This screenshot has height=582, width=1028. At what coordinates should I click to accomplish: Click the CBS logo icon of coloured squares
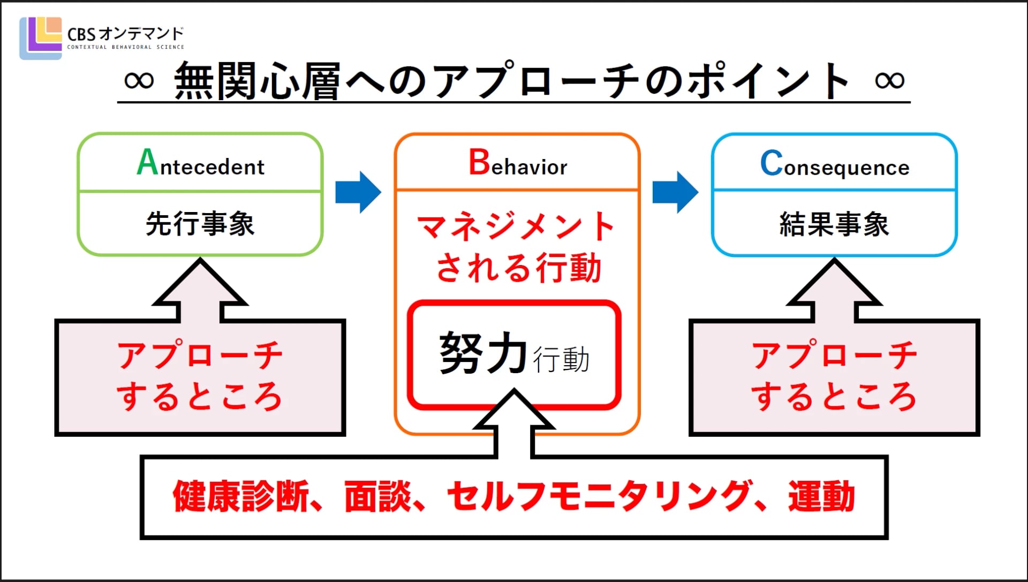(41, 37)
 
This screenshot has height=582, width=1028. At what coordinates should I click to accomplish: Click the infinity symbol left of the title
(139, 80)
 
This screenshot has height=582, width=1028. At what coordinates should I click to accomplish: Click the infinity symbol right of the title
(889, 80)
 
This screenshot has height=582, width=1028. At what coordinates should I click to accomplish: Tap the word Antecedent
(201, 164)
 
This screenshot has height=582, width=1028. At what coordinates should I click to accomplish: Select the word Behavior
(518, 164)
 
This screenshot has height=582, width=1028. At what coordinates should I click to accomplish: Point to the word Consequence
(834, 165)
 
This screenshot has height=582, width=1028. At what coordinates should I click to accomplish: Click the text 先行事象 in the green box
(200, 224)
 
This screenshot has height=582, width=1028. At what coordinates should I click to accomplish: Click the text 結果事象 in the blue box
(834, 224)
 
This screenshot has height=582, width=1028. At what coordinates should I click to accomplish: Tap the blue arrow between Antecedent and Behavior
(358, 192)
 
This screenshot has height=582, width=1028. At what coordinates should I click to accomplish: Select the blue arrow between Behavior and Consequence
(675, 192)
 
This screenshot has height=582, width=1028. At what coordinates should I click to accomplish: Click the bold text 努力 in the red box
(483, 353)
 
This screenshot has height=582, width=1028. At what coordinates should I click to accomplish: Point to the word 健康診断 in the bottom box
(241, 496)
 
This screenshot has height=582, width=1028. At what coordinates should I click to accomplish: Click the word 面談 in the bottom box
(378, 496)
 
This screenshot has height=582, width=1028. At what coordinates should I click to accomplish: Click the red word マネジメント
(516, 228)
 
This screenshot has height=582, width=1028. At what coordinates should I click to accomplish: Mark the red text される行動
(518, 268)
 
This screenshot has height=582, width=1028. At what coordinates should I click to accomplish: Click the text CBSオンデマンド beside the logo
(126, 34)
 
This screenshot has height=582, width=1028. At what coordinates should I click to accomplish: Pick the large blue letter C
(772, 163)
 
